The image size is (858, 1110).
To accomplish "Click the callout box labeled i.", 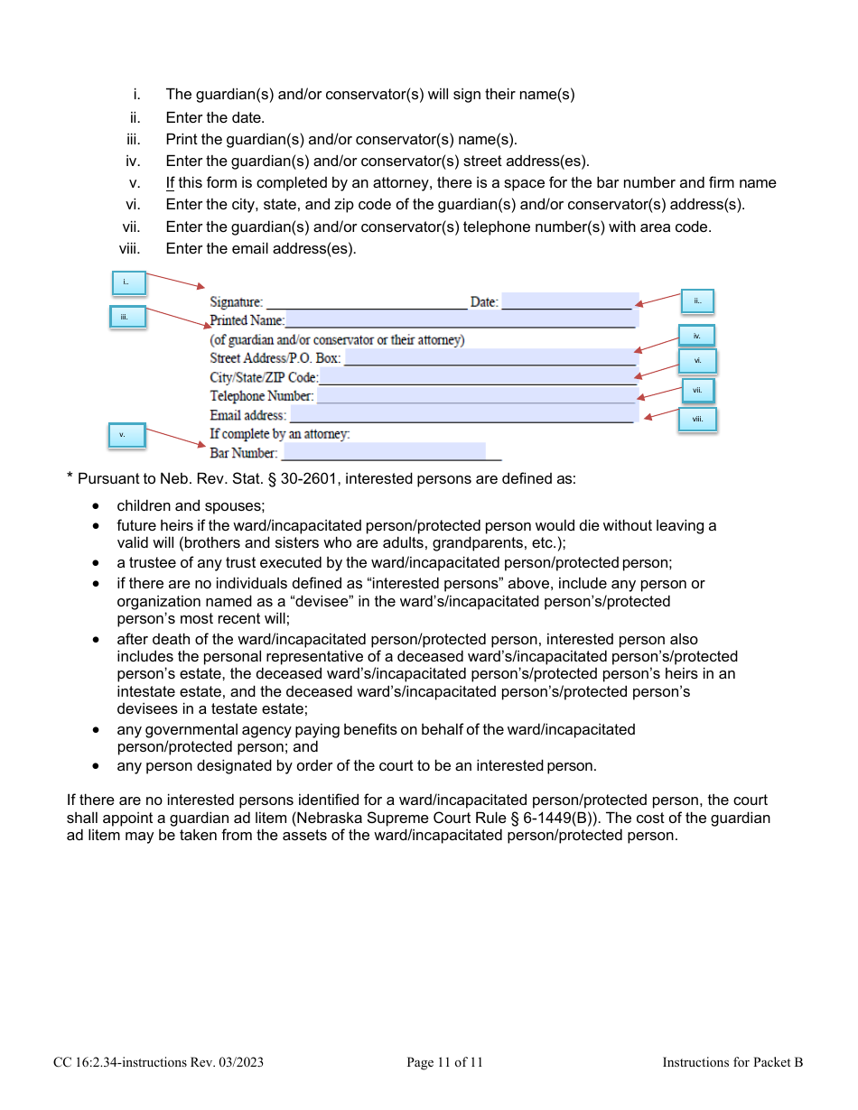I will coord(126,283).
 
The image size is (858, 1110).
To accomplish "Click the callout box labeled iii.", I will coord(126,317).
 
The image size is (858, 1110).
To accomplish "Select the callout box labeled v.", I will coord(126,435).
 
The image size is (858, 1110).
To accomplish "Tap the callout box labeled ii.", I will coord(696,301).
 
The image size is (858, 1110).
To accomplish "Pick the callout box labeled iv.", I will coord(696,336).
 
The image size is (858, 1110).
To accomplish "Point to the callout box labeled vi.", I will coord(697,361).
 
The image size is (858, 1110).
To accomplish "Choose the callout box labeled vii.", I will coord(697,391).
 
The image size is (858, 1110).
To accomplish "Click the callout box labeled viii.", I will coord(697,420).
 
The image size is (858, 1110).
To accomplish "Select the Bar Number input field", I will coord(384,452).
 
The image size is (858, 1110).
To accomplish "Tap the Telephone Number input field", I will coord(477,395).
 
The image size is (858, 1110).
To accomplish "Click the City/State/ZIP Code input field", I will coord(478,376).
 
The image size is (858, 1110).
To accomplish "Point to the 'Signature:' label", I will coord(237,302).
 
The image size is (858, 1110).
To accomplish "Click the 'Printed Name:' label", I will coord(247,320).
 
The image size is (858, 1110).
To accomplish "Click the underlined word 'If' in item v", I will coord(170,183).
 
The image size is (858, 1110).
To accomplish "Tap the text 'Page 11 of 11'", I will coord(444,1062).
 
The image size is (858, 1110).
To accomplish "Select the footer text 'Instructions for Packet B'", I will coord(732,1062).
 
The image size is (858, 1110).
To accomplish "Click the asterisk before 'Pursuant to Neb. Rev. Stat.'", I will coord(70,477).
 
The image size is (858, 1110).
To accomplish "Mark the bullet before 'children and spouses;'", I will coord(97,506).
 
